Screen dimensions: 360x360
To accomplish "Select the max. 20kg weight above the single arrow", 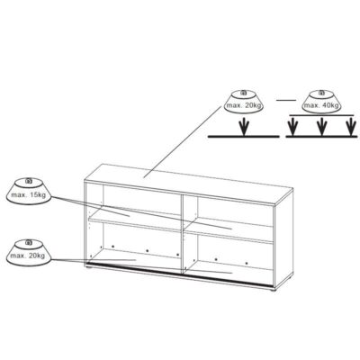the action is point(244,102).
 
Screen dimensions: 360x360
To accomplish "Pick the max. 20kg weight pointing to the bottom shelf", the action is point(29,252).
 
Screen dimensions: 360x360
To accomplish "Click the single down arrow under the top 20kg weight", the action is point(245,126).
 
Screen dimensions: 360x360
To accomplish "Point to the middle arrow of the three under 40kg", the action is point(321,126).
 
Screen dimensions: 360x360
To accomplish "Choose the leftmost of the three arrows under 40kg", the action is point(292,126).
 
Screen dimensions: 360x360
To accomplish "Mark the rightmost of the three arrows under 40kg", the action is point(350,126).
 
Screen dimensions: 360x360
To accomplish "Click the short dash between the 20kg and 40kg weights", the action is point(286,100).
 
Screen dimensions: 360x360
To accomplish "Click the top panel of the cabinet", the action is point(188,184).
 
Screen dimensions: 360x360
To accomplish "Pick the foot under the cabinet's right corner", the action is point(272,290).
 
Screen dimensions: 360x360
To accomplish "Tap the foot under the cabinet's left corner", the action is point(88,265).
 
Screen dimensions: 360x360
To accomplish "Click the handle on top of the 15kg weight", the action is point(29,181).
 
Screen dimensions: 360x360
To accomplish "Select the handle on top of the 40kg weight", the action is point(322,93).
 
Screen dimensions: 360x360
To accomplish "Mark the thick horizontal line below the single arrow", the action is point(244,137).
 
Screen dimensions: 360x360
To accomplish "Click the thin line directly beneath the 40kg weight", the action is point(321,115).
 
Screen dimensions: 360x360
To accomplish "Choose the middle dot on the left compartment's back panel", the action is point(147,251).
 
